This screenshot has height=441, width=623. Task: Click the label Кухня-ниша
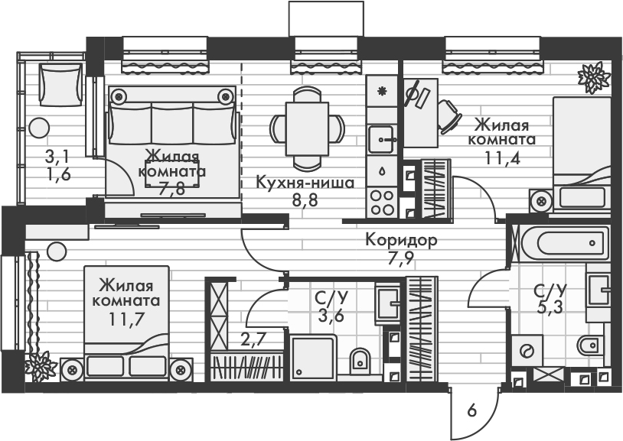point(305,183)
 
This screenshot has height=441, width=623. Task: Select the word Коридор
point(401,241)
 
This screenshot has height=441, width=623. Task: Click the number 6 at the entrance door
point(471,411)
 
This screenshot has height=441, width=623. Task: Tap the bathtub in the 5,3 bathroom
point(563,244)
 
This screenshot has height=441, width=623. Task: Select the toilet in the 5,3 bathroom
point(590,346)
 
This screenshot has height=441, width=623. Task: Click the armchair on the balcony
point(60,84)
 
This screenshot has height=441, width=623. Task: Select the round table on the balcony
point(39,126)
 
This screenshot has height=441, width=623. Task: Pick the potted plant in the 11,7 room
point(38,366)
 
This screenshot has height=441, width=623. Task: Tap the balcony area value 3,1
point(57,157)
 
